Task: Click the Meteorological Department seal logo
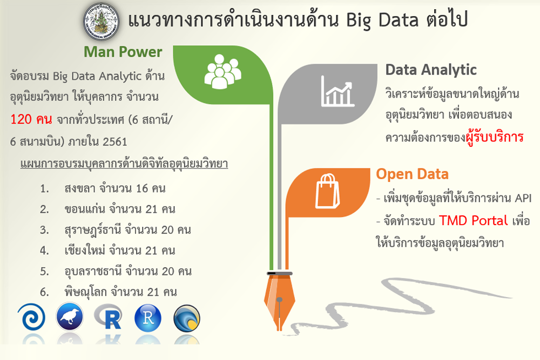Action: [102, 22]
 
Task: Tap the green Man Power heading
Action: [123, 52]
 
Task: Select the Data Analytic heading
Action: [431, 70]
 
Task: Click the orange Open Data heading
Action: [412, 174]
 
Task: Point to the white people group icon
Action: [222, 72]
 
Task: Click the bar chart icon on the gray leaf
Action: [337, 91]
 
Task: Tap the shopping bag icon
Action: [327, 191]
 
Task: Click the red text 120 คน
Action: [31, 119]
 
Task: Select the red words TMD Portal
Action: [473, 220]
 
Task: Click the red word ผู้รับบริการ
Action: [495, 137]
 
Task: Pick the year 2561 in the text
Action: [114, 141]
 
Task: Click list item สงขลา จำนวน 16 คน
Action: [115, 188]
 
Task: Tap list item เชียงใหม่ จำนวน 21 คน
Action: [120, 250]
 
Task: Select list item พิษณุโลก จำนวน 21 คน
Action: [120, 292]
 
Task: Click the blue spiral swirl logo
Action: [31, 317]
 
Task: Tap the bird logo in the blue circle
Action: [70, 317]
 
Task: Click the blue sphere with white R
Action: [148, 318]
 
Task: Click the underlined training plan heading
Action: [124, 164]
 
